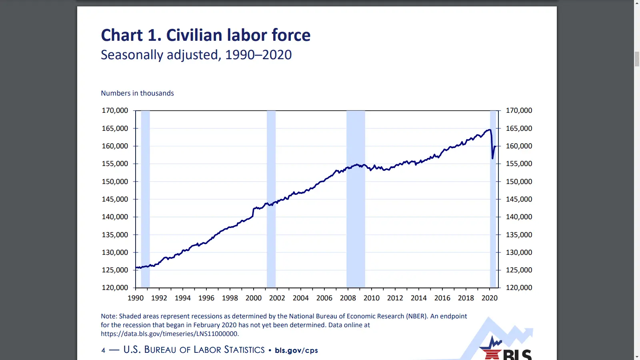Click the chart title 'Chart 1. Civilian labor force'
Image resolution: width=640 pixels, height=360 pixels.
206,35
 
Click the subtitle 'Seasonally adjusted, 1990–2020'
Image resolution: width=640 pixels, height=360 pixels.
196,55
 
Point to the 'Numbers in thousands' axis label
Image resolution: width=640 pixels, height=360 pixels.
137,93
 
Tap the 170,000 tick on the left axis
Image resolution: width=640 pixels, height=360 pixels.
115,110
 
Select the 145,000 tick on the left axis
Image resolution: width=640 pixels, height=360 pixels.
115,199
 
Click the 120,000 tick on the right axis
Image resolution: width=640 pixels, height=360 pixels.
519,288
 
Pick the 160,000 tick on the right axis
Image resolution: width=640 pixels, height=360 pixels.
519,146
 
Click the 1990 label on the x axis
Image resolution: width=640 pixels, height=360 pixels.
136,298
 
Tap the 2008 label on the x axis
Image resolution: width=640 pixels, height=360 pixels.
348,298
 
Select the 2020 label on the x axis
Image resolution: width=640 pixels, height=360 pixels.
490,298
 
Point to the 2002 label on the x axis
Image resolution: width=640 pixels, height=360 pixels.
277,298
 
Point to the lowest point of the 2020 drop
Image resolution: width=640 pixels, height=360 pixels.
492,158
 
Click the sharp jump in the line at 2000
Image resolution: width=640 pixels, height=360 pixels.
253,212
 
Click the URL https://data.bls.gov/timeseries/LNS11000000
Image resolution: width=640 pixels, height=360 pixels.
170,334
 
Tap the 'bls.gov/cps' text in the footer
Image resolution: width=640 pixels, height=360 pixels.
296,350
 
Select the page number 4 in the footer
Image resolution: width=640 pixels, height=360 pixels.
103,350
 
